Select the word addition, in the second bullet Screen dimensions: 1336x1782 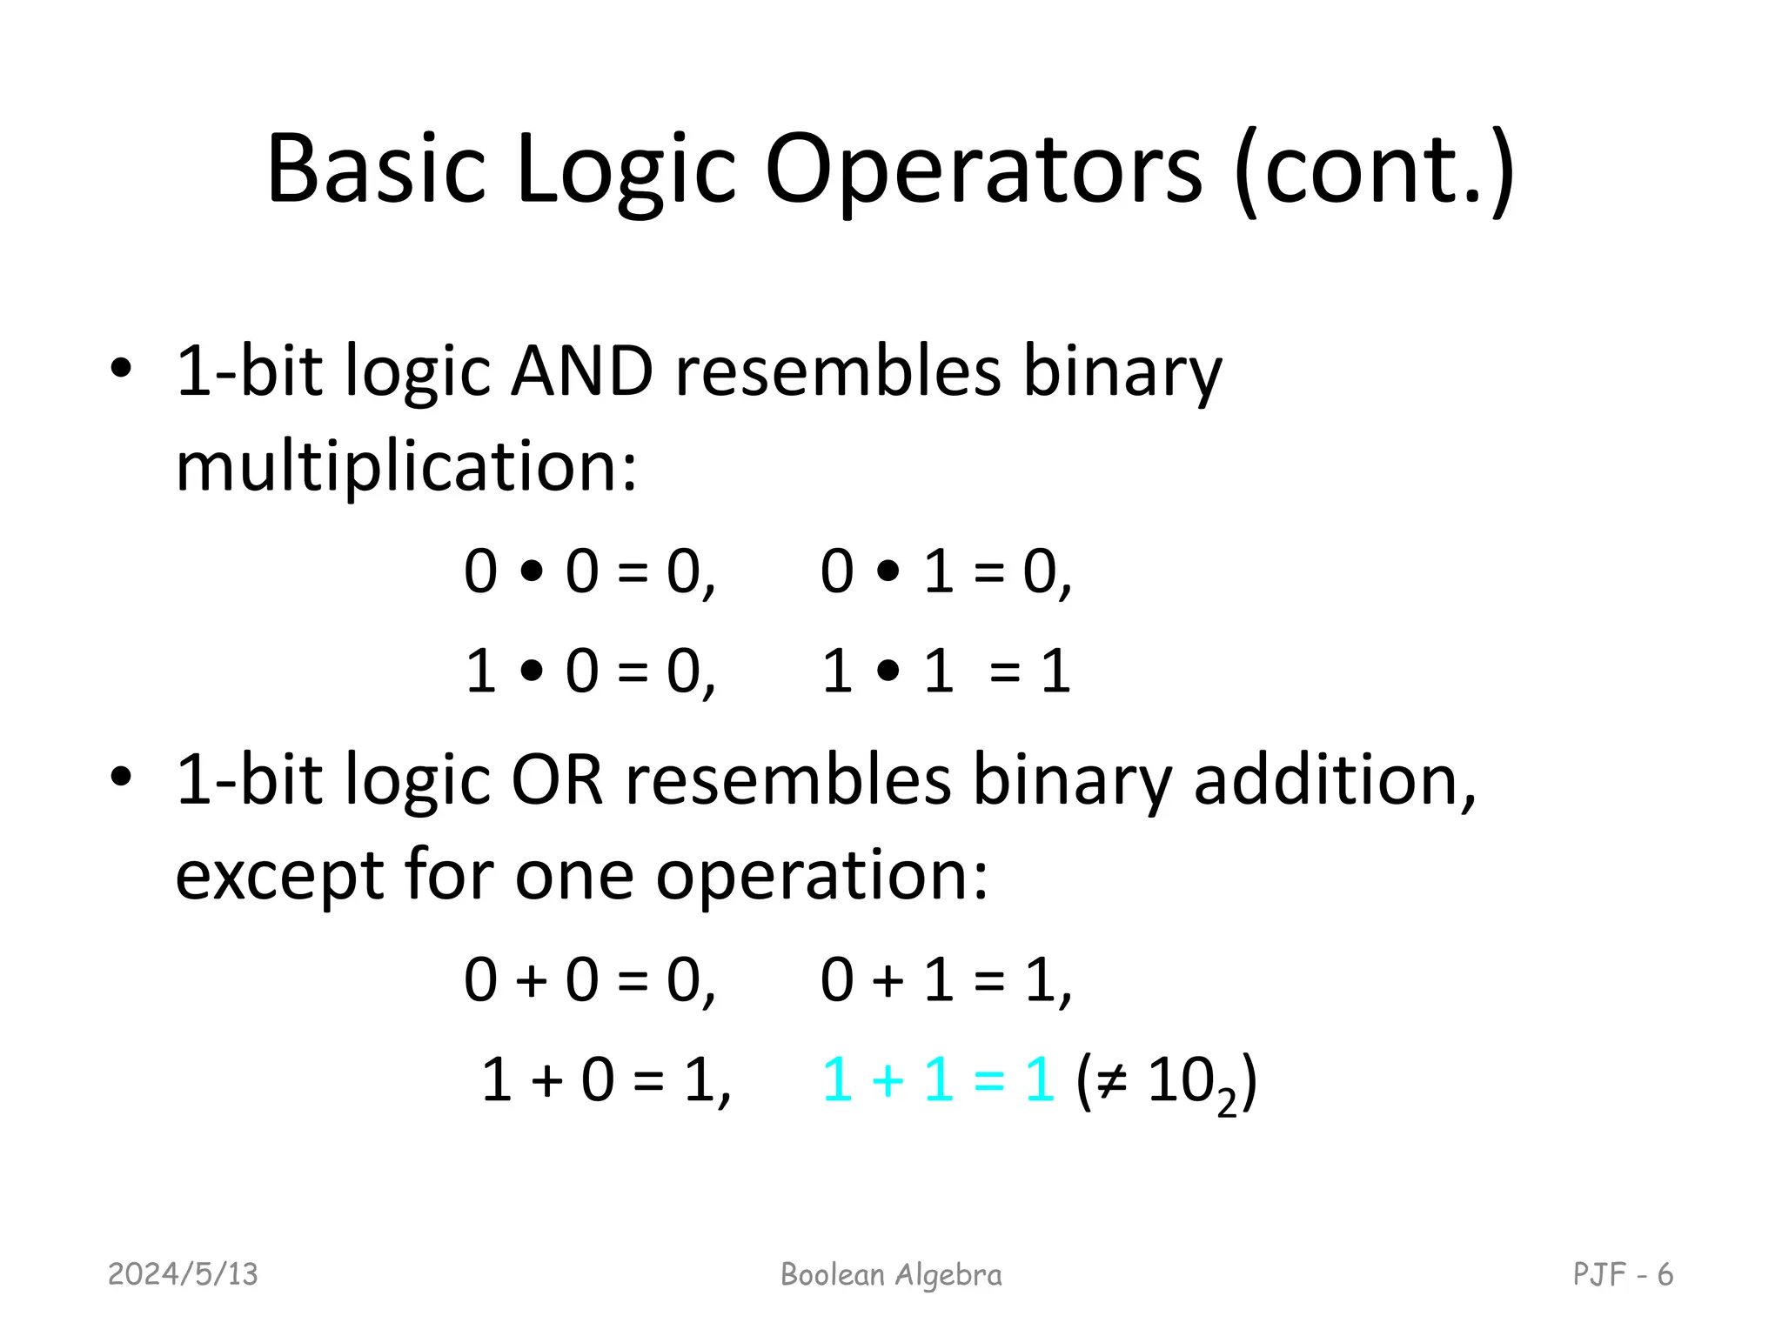point(1334,779)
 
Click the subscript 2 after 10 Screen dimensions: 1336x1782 point(1226,1103)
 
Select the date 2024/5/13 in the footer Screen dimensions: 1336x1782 point(183,1274)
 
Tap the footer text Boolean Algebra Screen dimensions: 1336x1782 point(891,1274)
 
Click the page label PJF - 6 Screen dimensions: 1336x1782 point(1623,1274)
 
